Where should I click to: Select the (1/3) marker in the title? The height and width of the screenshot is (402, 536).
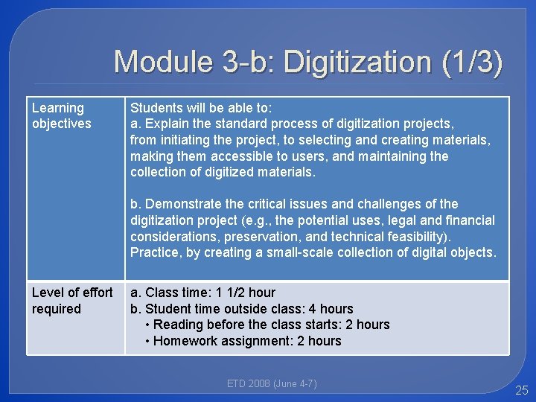(472, 61)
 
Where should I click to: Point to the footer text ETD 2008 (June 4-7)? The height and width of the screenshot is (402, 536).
(272, 384)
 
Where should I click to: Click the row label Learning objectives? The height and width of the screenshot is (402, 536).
(61, 116)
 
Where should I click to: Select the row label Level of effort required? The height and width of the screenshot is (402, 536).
(71, 301)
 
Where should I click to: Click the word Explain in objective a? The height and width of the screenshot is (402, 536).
(167, 124)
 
